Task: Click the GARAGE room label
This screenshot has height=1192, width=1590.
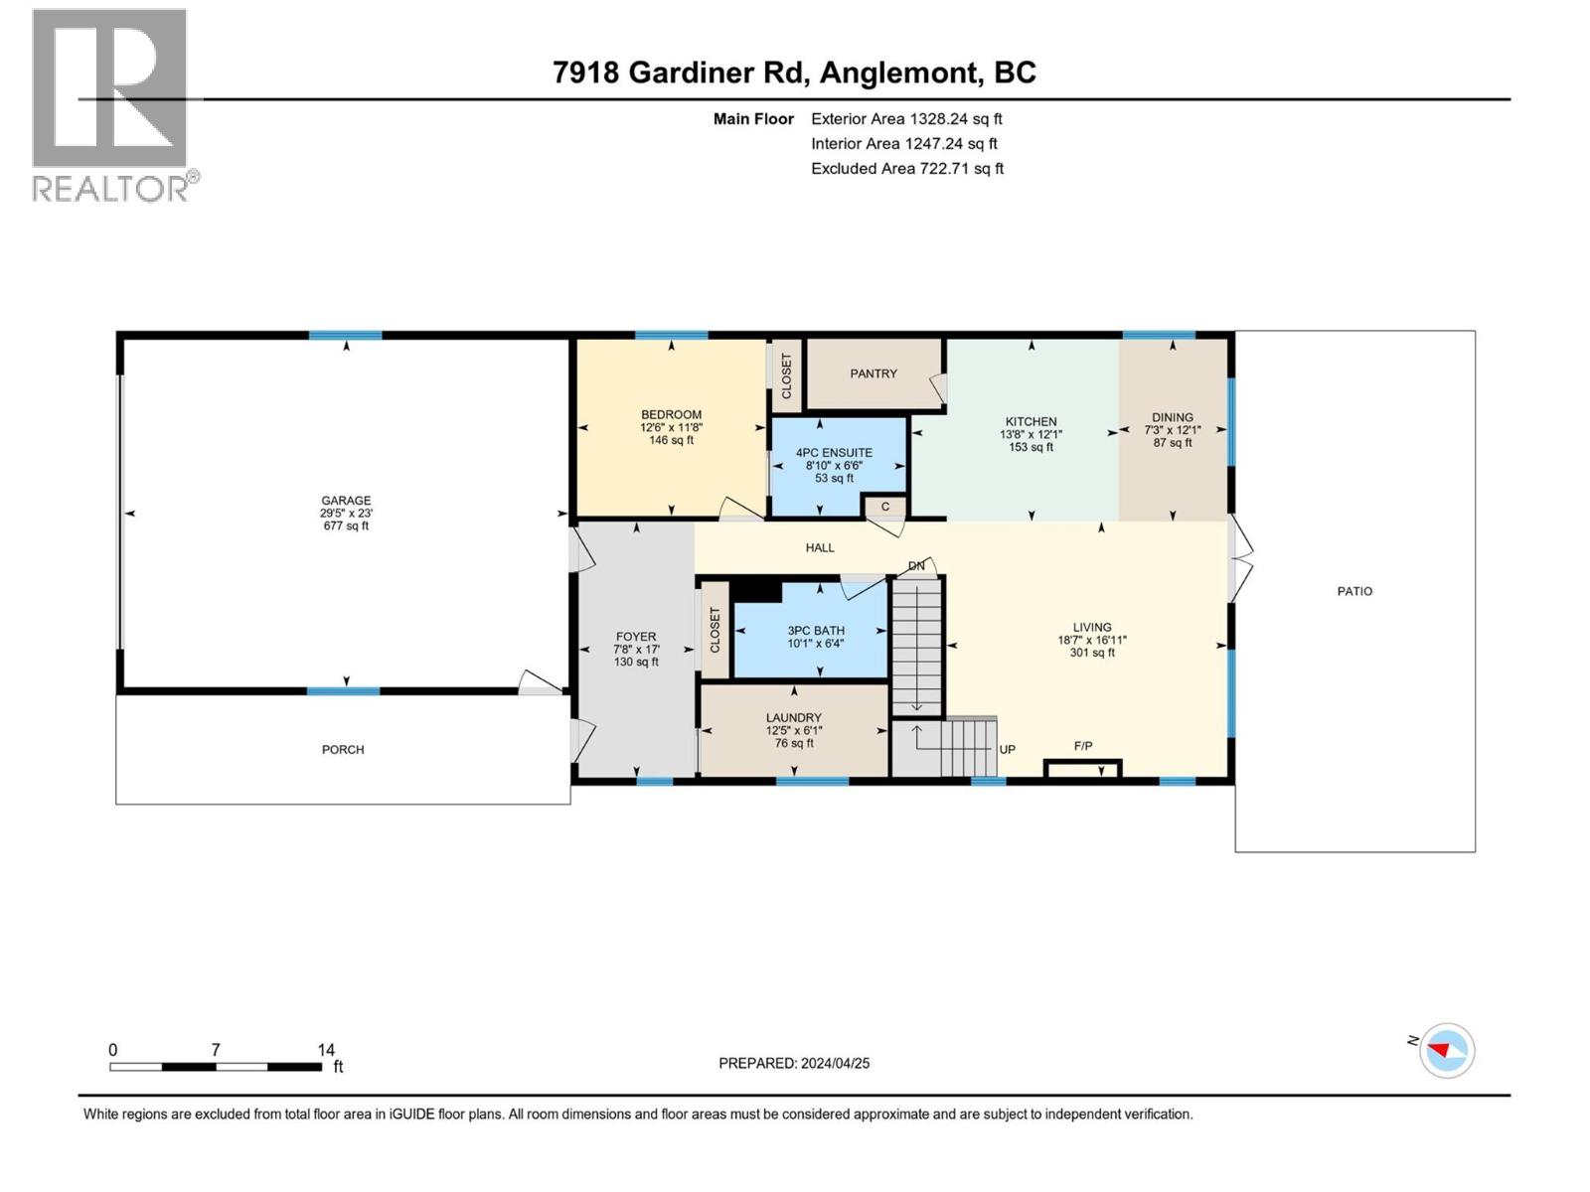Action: (346, 500)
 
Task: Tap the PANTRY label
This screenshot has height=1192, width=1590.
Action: (873, 373)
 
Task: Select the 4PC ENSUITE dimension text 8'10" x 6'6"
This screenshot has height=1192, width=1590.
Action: (834, 465)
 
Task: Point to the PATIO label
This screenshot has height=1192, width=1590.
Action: (1353, 591)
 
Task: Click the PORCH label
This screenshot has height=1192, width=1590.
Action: (343, 750)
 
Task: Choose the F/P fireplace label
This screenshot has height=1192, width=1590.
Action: (1083, 746)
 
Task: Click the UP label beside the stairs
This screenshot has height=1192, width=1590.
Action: (1007, 750)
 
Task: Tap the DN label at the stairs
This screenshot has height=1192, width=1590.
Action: (916, 566)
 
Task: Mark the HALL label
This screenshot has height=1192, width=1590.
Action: (820, 548)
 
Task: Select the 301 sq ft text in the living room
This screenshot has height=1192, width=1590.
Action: (1091, 653)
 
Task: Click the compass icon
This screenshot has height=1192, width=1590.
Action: (1446, 1050)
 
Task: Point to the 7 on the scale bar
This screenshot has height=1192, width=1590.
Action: (215, 1049)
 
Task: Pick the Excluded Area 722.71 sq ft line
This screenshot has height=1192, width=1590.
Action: (907, 169)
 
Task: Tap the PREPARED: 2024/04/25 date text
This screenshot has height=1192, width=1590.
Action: (794, 1063)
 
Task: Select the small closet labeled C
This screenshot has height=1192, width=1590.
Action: (884, 507)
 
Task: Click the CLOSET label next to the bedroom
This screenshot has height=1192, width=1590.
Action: (786, 375)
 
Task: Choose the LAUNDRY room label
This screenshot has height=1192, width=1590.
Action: (794, 718)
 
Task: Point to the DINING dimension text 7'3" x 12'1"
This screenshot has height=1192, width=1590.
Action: (1172, 430)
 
